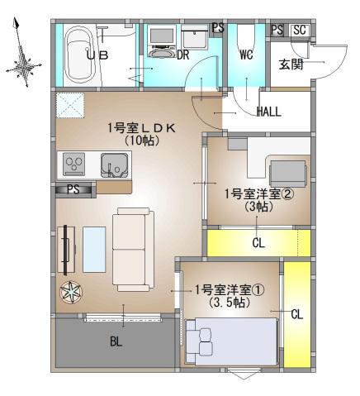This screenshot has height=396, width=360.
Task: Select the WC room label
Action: coord(246,55)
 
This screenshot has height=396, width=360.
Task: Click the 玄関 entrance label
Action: coord(289,64)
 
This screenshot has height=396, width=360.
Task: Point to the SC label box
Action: coord(299,31)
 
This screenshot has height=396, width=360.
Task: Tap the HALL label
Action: coord(271,111)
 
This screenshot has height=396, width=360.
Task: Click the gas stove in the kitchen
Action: coord(73,164)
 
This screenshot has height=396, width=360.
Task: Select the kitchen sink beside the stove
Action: coord(113,166)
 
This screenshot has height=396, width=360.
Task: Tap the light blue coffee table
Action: coord(92,248)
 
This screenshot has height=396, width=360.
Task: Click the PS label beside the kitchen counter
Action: coord(73,188)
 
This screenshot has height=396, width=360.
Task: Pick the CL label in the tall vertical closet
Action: coord(296,314)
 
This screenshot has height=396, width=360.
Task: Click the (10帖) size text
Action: coord(141,141)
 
